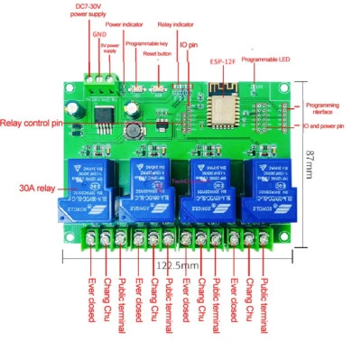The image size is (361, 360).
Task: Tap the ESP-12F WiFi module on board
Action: point(220,103)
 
